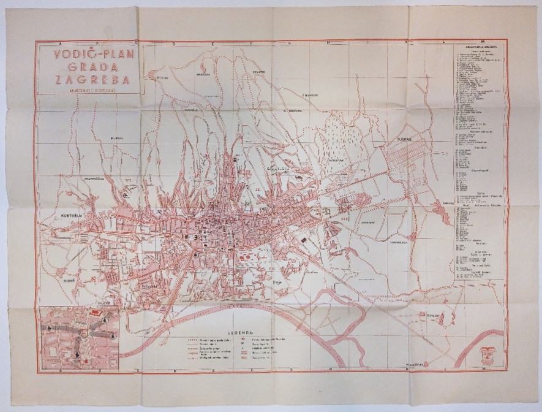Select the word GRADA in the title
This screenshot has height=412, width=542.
click(x=89, y=67)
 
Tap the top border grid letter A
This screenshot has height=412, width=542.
click(x=54, y=43)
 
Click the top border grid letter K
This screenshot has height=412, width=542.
click(x=407, y=43)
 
